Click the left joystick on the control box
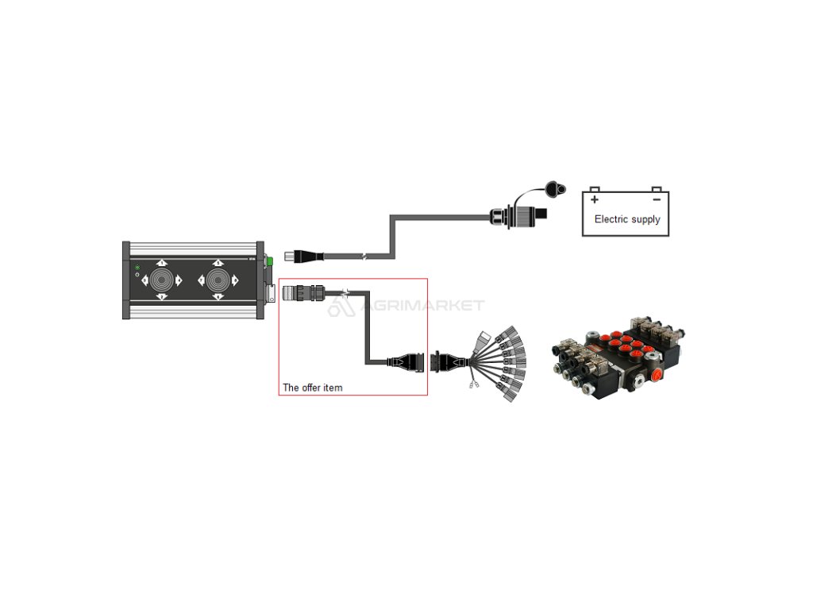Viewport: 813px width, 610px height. pyautogui.click(x=162, y=280)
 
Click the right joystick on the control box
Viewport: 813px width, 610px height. pyautogui.click(x=218, y=280)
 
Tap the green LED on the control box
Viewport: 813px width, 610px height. pyautogui.click(x=137, y=268)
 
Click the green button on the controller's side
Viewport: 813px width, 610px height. pyautogui.click(x=270, y=260)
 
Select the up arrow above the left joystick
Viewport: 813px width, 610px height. pyautogui.click(x=162, y=263)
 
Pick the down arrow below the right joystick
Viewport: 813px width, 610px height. pyautogui.click(x=218, y=297)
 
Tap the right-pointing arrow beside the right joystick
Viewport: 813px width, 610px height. pyautogui.click(x=235, y=280)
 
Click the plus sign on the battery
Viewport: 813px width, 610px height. pyautogui.click(x=595, y=200)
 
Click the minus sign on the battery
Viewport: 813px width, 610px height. pyautogui.click(x=656, y=199)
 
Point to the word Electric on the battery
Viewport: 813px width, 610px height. pyautogui.click(x=611, y=219)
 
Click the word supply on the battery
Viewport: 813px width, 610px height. pyautogui.click(x=645, y=220)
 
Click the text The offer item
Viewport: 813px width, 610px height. pyautogui.click(x=313, y=388)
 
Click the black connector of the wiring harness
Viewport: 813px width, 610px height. pyautogui.click(x=441, y=362)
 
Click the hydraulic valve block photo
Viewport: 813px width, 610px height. pyautogui.click(x=618, y=356)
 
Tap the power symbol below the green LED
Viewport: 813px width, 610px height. pyautogui.click(x=137, y=276)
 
